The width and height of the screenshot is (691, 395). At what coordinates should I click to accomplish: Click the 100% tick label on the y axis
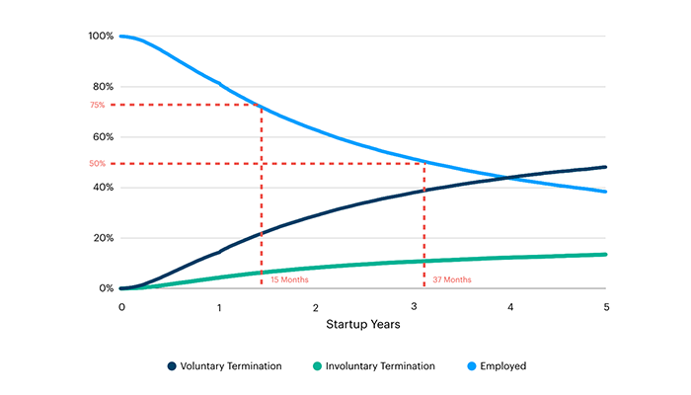coord(102,37)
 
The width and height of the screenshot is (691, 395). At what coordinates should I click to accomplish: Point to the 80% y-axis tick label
coord(104,87)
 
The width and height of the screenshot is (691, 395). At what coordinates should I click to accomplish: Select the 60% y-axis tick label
coord(104,137)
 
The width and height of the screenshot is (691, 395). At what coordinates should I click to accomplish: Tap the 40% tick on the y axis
coord(104,188)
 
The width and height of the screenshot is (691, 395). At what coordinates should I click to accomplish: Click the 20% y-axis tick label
coord(104,238)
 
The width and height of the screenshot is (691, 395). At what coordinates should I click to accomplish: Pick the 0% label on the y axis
coord(106,288)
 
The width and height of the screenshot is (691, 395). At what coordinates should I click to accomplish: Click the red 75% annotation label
coord(97,105)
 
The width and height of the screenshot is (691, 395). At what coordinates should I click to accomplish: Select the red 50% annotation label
coord(97,164)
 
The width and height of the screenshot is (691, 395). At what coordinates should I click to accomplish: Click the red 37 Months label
coord(452,279)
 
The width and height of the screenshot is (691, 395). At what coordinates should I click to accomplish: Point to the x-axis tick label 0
coord(121,307)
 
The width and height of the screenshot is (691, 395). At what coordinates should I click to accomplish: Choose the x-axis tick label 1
coord(218,307)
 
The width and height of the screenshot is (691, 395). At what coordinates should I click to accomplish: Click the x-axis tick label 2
coord(315,307)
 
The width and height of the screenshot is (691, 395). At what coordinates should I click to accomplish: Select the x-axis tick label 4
coord(509,307)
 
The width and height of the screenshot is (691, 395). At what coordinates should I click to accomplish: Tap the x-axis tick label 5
coord(606,307)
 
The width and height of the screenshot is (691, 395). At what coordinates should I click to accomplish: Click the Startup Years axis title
coord(363,324)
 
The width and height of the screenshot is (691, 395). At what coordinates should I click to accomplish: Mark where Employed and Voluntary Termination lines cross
coord(507,178)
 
